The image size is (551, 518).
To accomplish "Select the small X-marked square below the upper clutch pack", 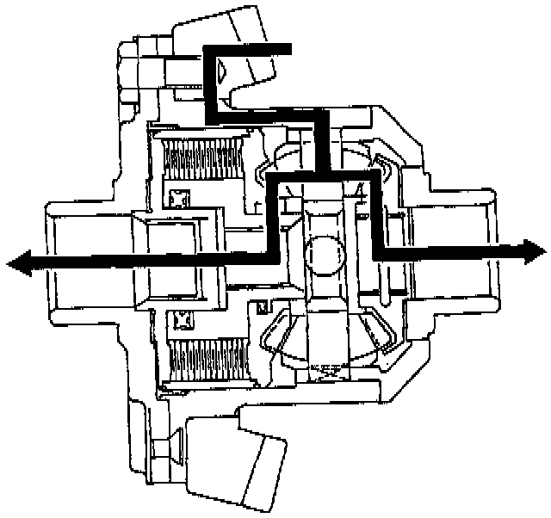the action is (x=180, y=198).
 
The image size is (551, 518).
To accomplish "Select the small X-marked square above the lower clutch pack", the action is (x=180, y=320).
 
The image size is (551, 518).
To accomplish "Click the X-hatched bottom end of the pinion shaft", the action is (x=322, y=371).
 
